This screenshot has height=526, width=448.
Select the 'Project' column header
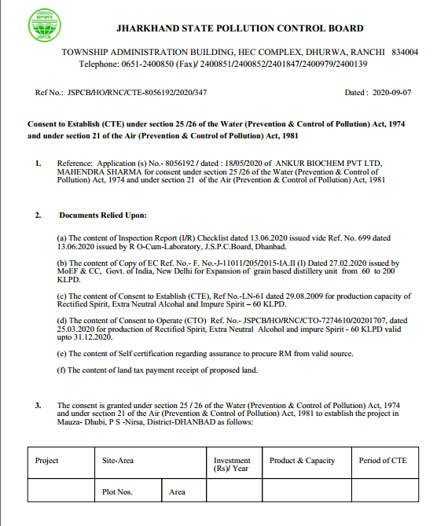coord(47,461)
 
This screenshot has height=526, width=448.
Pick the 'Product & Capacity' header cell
coord(303,461)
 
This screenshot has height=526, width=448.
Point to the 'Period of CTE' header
coord(383,461)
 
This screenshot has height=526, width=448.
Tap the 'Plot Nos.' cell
coord(118,492)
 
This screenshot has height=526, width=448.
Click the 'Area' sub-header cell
coord(178,492)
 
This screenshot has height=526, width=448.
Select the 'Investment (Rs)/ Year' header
coord(232,465)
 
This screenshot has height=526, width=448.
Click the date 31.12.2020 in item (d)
coord(105,338)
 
